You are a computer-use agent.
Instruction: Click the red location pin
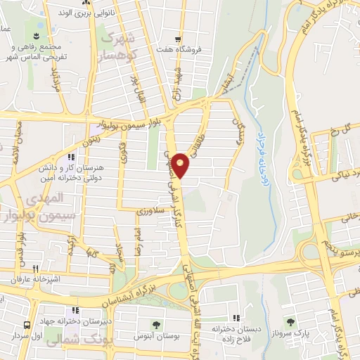181,165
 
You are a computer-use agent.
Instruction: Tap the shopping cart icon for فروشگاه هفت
180,39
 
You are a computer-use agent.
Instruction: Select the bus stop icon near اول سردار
27,326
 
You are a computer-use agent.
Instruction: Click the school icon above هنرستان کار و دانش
70,157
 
